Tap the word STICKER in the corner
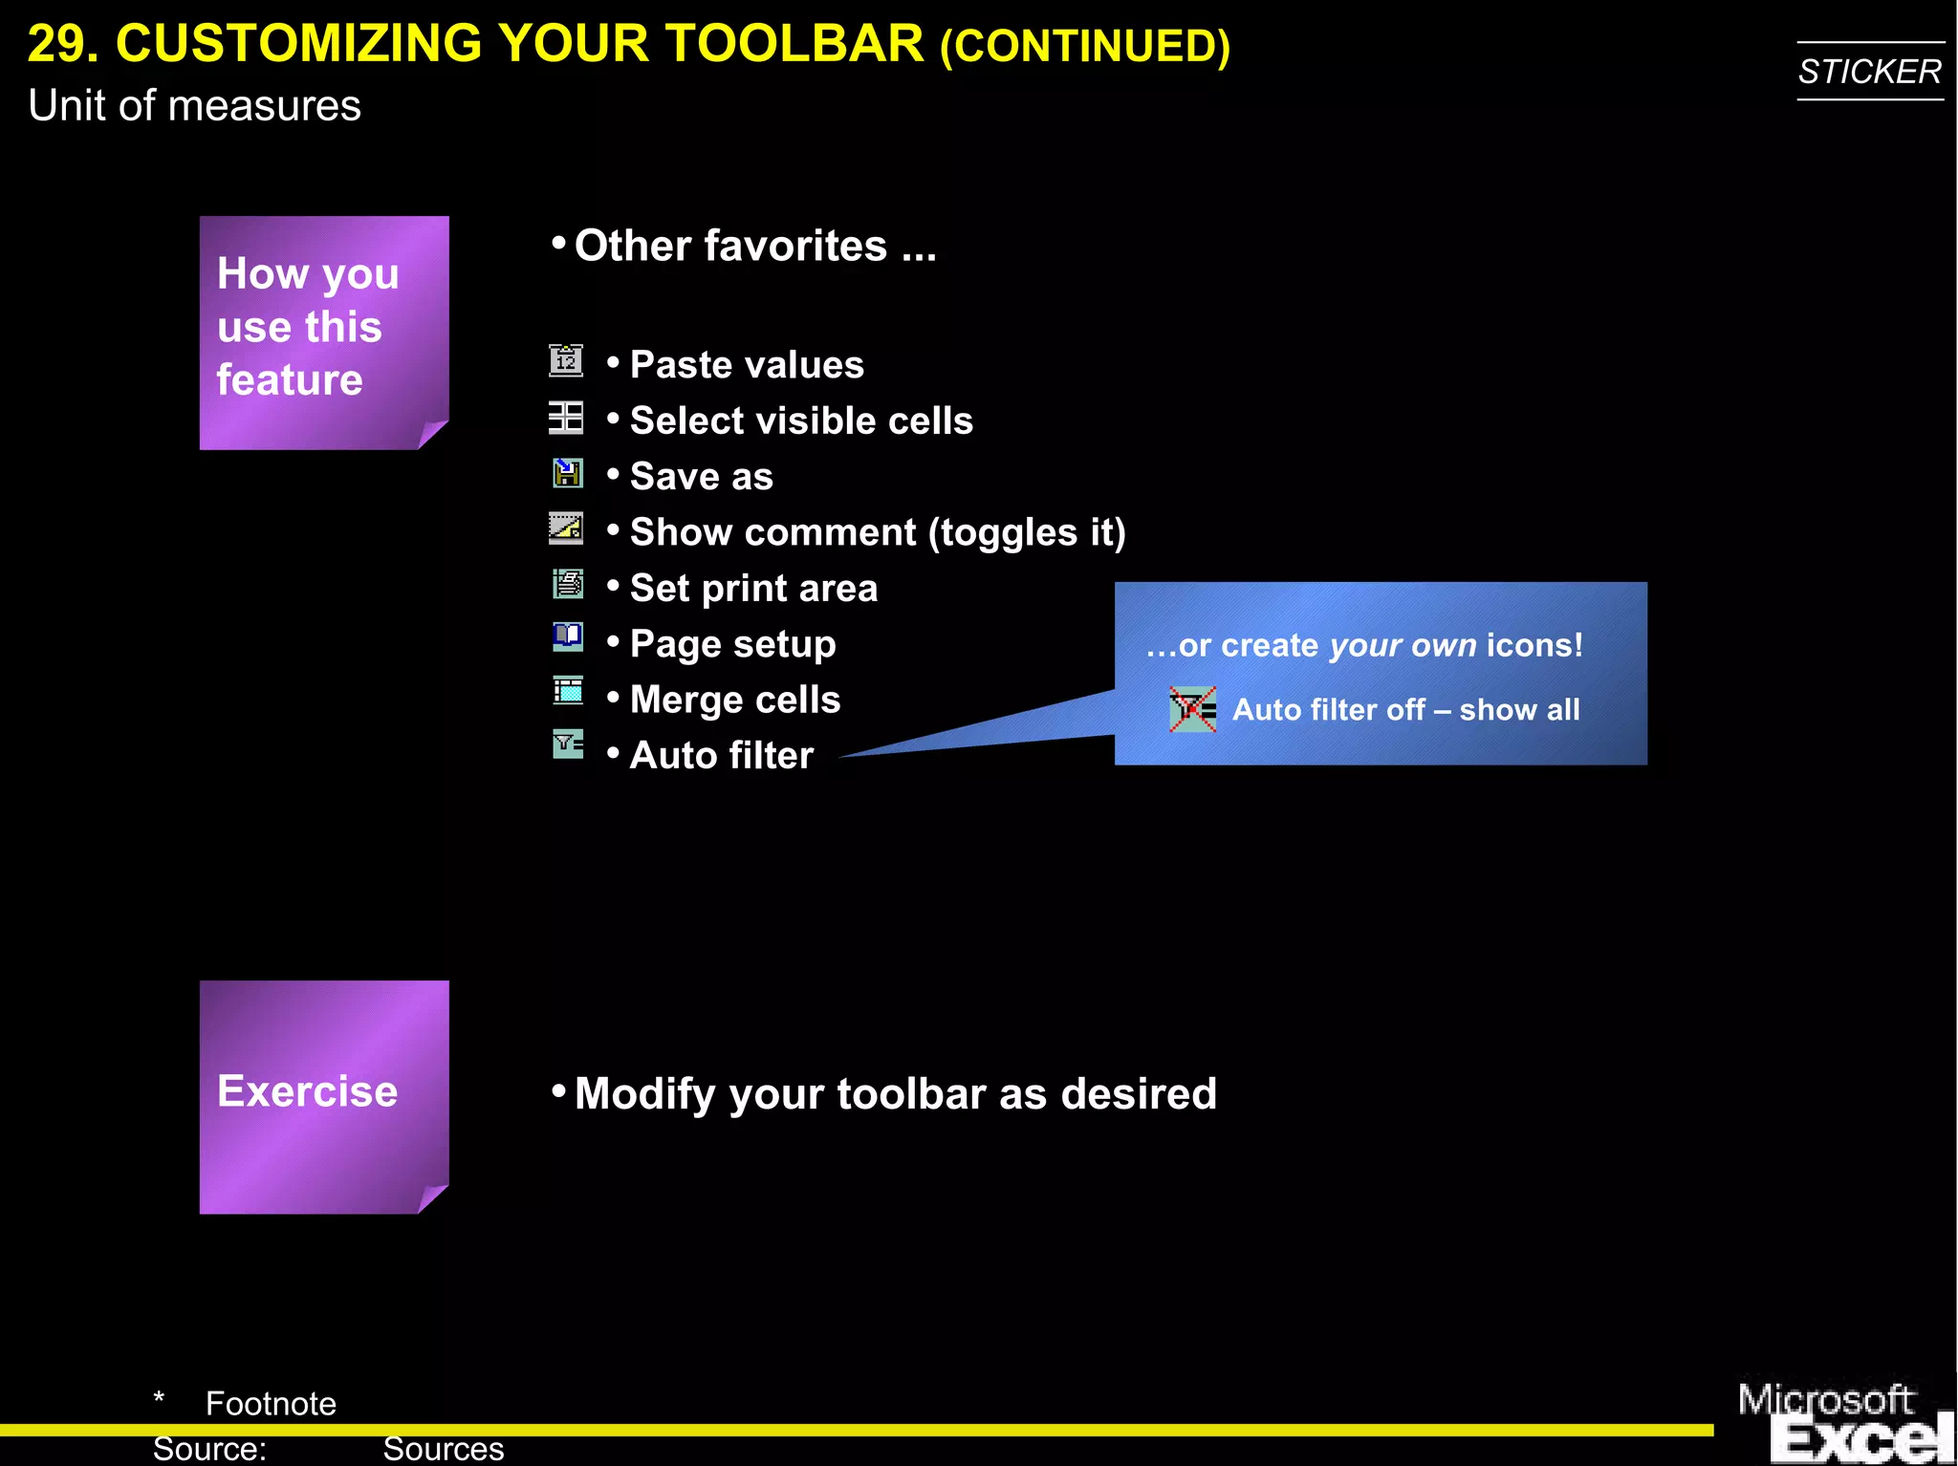[1869, 72]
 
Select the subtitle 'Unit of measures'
[194, 105]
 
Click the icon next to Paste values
[566, 360]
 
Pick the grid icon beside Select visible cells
[566, 418]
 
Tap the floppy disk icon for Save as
[568, 473]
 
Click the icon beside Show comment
[566, 528]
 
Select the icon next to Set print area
[568, 583]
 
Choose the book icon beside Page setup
[568, 636]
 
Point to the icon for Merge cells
[568, 691]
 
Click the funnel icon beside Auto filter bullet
[568, 744]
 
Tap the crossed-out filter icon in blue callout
[1192, 710]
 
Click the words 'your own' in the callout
[1403, 646]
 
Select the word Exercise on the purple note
[307, 1091]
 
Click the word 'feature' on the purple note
[290, 380]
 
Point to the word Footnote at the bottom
[271, 1404]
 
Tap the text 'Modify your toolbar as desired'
[895, 1094]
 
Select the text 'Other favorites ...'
[754, 247]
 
